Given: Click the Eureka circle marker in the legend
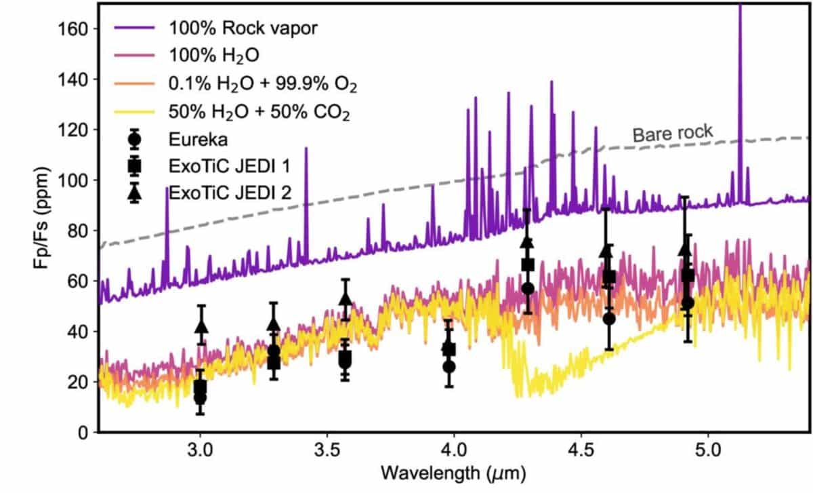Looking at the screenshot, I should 134,139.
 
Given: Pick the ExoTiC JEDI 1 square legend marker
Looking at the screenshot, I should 134,165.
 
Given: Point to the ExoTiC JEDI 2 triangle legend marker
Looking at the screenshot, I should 134,192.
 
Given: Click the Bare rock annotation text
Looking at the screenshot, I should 672,133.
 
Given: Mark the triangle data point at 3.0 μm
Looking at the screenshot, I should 201,326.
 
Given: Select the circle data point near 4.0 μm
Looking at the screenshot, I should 449,366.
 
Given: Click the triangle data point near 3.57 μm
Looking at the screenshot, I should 346,298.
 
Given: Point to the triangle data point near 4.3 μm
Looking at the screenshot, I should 527,242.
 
